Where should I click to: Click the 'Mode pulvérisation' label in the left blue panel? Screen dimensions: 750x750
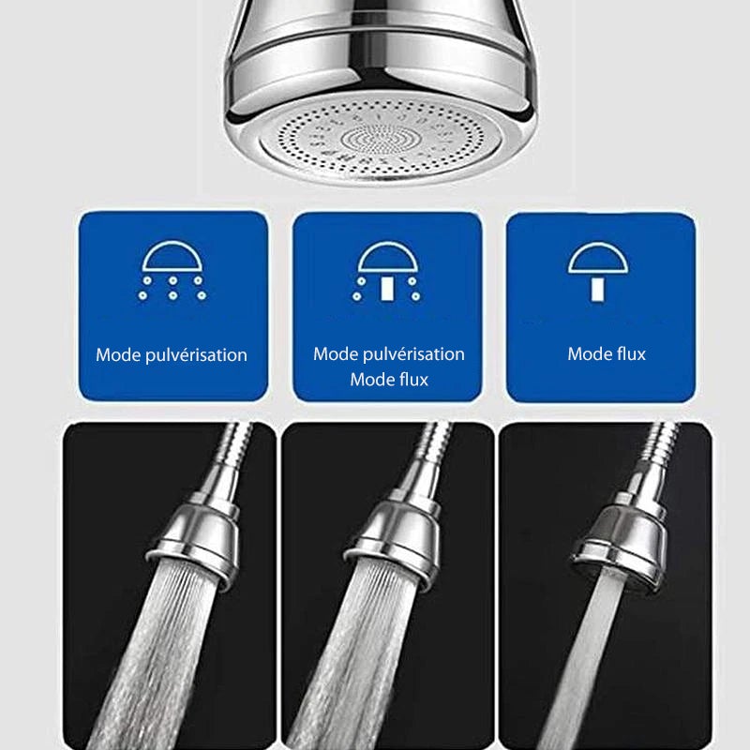tap(172, 355)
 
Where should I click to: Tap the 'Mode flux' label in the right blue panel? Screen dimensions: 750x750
tap(607, 353)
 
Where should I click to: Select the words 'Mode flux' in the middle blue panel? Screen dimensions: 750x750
tap(388, 380)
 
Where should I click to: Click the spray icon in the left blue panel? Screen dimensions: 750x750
tap(172, 273)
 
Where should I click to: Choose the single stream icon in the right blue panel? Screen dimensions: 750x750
tap(596, 272)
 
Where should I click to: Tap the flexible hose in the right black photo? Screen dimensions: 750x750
tap(660, 450)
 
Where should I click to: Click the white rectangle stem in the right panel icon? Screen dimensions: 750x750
tap(596, 286)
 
